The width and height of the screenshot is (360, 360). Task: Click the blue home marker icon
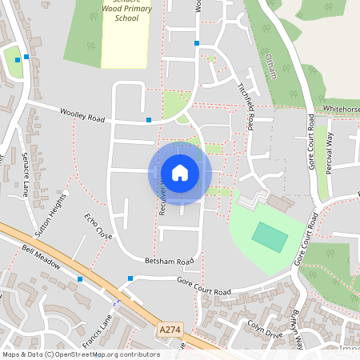point(180,172)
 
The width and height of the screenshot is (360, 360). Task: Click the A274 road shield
point(170,329)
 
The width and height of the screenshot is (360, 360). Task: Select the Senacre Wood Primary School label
point(126,11)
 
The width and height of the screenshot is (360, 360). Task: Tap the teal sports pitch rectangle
point(270,236)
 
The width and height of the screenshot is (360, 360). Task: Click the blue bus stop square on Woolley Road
point(148,120)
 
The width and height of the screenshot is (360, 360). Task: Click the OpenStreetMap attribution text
point(80,354)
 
